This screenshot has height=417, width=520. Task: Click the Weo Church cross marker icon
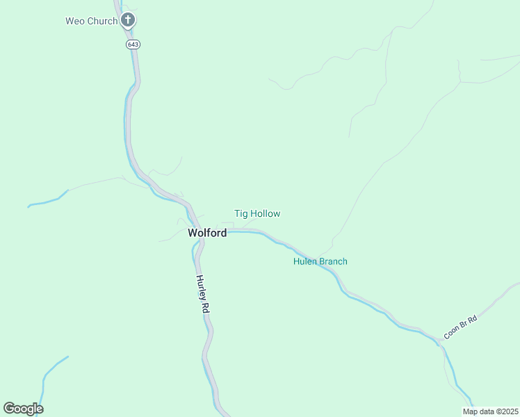(127, 20)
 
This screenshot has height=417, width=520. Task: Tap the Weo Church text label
(91, 21)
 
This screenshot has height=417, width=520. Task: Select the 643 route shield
(133, 44)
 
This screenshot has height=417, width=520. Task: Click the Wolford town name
(207, 234)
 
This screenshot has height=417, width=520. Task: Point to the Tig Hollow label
(257, 214)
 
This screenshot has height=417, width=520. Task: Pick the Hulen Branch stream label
(320, 261)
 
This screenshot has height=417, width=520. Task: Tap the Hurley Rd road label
(202, 294)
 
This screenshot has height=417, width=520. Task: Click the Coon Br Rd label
(461, 328)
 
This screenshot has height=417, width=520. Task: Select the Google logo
(23, 409)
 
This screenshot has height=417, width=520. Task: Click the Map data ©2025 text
(490, 411)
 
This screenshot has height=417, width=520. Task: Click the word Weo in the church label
(74, 21)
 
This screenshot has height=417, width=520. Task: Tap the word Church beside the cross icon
(101, 21)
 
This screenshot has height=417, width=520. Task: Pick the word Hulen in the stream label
(304, 261)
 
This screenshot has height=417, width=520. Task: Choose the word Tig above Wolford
(241, 214)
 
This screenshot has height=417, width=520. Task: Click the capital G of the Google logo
(9, 409)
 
